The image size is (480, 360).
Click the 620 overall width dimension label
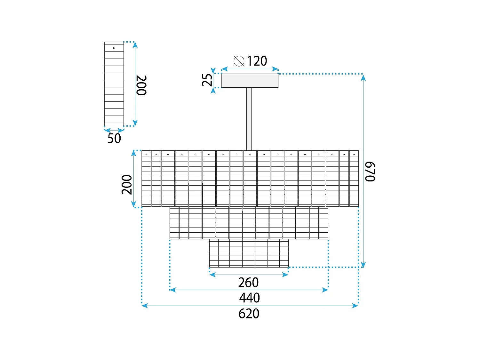[x=249, y=314]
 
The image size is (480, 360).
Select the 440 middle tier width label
[x=249, y=298]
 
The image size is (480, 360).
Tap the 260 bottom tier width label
[x=248, y=283]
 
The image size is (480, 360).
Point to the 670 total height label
[x=370, y=172]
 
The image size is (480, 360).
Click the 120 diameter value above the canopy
[x=257, y=61]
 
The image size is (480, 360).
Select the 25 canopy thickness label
[x=207, y=80]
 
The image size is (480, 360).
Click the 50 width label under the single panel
[x=114, y=138]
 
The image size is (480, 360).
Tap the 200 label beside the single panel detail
[x=141, y=85]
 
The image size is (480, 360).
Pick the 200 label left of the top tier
[x=127, y=185]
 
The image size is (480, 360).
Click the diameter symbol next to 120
[x=239, y=61]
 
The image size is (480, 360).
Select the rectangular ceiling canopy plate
[x=250, y=81]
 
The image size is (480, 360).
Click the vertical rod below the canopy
[x=249, y=118]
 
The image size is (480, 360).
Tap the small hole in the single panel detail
[x=114, y=48]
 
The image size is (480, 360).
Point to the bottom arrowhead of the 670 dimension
[x=363, y=265]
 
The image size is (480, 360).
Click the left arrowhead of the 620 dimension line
[x=145, y=306]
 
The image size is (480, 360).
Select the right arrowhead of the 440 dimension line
[x=325, y=290]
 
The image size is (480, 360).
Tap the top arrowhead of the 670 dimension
[x=363, y=77]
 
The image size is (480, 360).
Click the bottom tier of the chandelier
[x=249, y=253]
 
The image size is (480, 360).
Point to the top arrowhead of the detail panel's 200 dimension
[x=135, y=44]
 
